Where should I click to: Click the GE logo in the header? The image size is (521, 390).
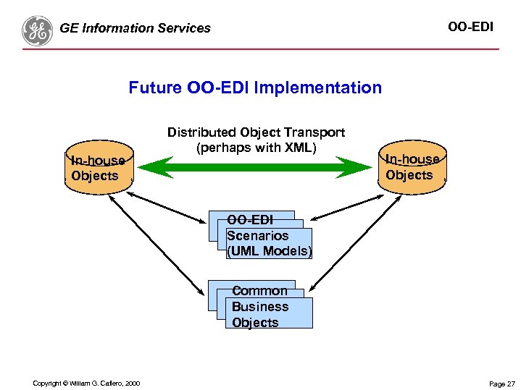tap(37, 30)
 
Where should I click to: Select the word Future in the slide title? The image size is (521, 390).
tap(155, 88)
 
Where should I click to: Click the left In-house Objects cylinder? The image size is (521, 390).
tap(97, 168)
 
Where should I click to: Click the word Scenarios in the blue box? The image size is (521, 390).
tap(257, 236)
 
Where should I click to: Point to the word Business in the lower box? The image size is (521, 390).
tap(259, 307)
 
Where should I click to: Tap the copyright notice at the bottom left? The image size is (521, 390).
tap(86, 383)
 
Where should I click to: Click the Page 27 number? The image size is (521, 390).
tap(501, 383)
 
